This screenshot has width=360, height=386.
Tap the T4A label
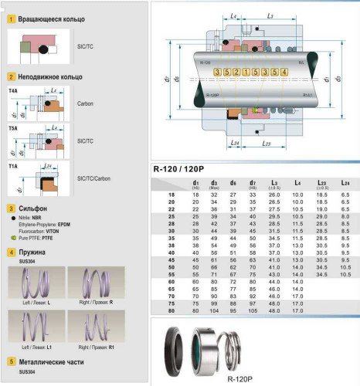[x=13, y=91]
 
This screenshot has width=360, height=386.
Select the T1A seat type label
[x=13, y=166]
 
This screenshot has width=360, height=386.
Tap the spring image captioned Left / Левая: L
[x=29, y=278]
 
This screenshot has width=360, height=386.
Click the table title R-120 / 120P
[x=184, y=169]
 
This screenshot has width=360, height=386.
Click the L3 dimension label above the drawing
[x=270, y=16]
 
